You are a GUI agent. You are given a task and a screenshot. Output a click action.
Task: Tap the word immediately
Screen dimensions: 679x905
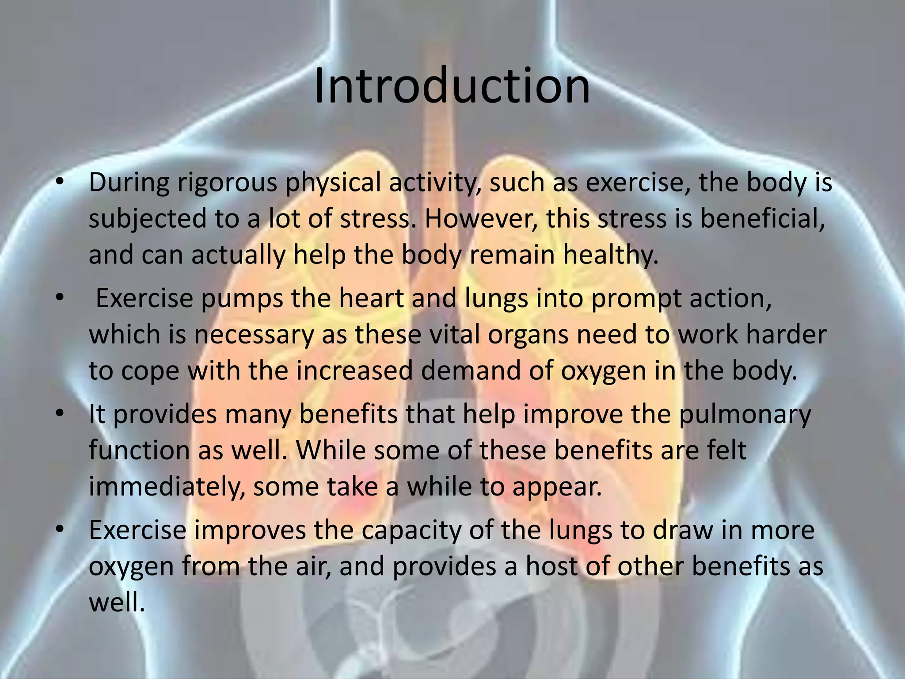[167, 487]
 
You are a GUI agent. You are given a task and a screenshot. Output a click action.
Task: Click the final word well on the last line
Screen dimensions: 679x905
[117, 602]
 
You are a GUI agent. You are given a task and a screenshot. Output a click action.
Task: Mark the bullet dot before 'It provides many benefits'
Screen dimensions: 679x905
[61, 414]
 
